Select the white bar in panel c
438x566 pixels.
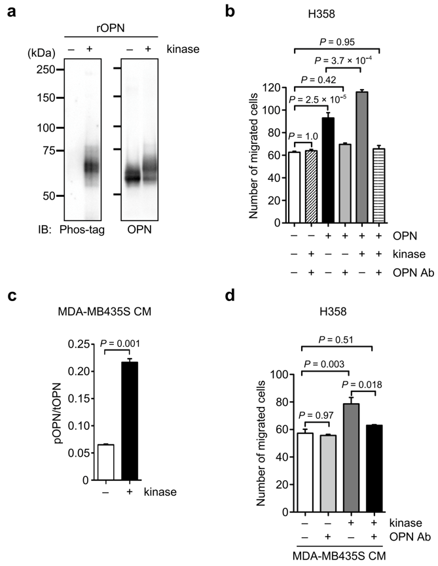click(x=105, y=462)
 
